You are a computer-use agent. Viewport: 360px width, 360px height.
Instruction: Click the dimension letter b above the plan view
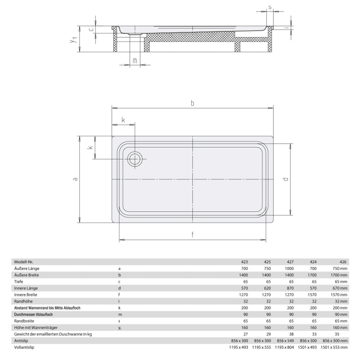coord(192,103)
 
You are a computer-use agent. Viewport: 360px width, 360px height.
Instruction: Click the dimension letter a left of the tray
coord(75,179)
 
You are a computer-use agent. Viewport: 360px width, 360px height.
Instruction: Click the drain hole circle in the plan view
coord(136,159)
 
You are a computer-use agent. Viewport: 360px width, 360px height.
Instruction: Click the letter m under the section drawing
coord(134,61)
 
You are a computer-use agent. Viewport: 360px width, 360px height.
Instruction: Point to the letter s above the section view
coord(270,8)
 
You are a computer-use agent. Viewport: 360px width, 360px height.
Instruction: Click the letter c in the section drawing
coord(91,29)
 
